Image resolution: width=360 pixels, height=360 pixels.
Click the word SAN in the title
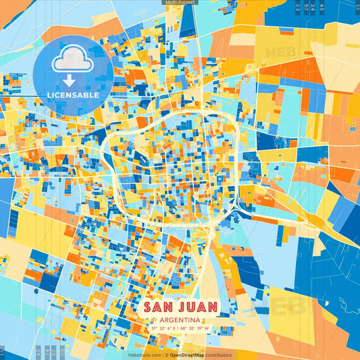(161, 307)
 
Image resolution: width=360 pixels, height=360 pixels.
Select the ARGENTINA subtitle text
(180, 319)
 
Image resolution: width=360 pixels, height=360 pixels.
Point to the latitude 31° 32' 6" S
(164, 328)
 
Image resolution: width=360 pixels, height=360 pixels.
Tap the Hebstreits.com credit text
(145, 355)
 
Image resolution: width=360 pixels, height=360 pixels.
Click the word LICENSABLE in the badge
(74, 95)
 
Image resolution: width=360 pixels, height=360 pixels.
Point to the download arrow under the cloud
(70, 80)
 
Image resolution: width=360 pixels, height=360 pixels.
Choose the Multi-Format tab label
(180, 3)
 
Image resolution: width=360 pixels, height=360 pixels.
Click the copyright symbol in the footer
(166, 355)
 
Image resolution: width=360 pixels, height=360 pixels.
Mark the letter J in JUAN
(182, 307)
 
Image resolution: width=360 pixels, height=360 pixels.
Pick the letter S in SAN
(148, 307)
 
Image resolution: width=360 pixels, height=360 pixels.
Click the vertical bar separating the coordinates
(180, 328)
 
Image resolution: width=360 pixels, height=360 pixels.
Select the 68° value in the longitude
(186, 328)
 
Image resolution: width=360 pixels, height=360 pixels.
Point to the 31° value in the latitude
(155, 328)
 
